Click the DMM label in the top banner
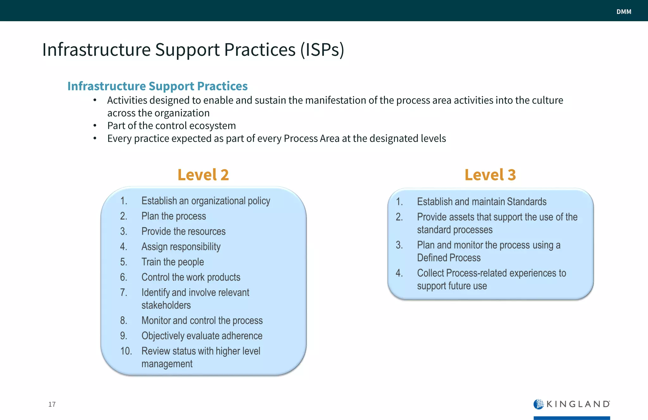coord(624,12)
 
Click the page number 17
coord(52,404)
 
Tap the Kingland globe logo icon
coord(538,404)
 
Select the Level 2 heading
coord(203,175)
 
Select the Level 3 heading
coord(490,175)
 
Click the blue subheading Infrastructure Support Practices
coord(157,86)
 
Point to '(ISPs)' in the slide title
coord(322,50)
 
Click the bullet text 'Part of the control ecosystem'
coord(171,126)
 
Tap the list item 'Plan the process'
coord(173,216)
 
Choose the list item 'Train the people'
coord(172,262)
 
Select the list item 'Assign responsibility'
coord(181,247)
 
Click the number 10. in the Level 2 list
coord(126,351)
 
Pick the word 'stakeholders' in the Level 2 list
coord(166,305)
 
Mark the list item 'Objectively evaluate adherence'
coord(202,336)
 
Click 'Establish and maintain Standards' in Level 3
coord(482,202)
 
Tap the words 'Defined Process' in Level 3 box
coord(449,258)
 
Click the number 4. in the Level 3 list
coord(399,273)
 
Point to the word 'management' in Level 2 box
coord(167,364)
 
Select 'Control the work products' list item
coord(191,277)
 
